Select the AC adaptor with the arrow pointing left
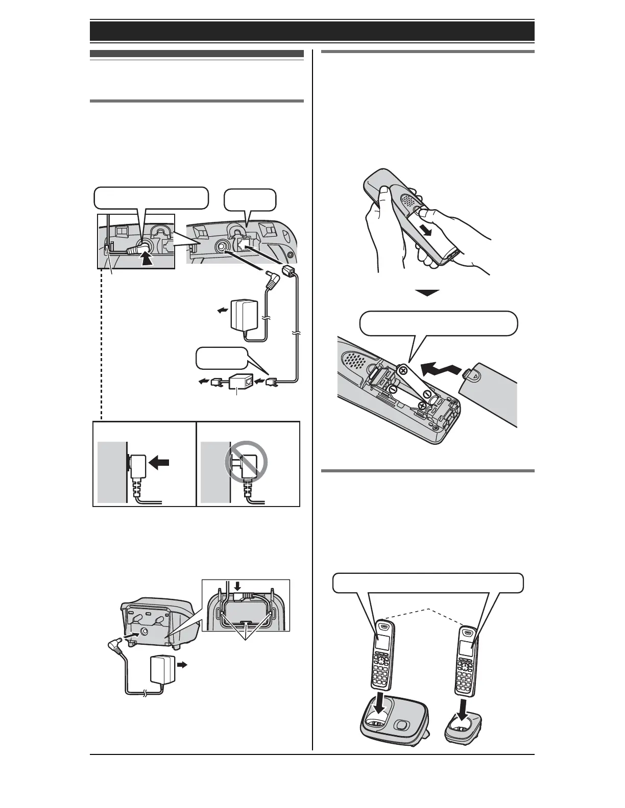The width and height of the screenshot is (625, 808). coord(245,317)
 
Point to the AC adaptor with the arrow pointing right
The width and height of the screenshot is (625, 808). coord(162,672)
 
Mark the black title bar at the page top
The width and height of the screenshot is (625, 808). coord(312,31)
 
